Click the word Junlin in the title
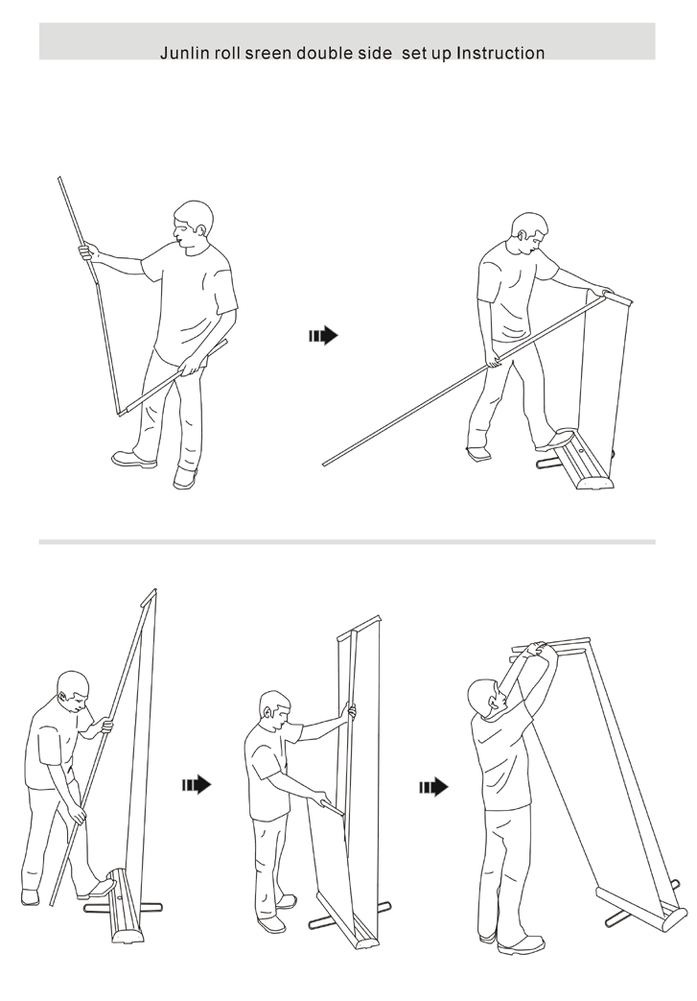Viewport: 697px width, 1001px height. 179,53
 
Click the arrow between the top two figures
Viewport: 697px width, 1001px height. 323,335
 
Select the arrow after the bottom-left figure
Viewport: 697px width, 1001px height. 196,784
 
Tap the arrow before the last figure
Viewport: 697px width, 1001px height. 433,787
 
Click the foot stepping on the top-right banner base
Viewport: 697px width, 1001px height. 553,441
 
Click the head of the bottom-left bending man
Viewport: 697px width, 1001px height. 72,693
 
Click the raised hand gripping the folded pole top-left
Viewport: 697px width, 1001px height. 88,251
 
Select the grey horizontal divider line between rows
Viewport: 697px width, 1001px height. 347,542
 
